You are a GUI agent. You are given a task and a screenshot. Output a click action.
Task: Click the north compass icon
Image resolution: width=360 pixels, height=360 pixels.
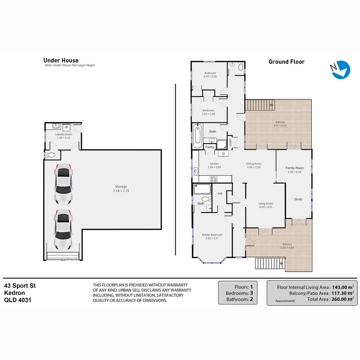(341, 70)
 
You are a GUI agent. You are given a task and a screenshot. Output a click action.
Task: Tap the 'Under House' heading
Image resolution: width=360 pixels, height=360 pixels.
(61, 60)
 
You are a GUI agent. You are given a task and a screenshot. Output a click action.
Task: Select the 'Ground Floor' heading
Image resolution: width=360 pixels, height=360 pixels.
(286, 62)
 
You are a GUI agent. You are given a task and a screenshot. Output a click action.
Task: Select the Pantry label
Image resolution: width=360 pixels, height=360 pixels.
(210, 147)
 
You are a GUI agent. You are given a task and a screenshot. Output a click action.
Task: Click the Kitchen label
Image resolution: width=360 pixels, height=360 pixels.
(214, 164)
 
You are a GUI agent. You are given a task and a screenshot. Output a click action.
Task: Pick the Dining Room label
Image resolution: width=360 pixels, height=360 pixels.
(254, 164)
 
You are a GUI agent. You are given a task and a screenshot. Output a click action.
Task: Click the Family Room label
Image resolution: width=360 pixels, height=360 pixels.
(294, 168)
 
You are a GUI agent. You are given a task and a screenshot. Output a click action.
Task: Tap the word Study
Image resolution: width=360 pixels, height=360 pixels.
(298, 199)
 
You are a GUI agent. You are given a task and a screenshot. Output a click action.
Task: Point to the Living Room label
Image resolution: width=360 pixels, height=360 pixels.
(265, 204)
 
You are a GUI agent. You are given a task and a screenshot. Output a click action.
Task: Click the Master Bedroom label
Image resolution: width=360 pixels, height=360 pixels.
(212, 234)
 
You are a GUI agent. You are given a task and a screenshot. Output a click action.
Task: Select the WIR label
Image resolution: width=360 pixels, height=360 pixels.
(220, 193)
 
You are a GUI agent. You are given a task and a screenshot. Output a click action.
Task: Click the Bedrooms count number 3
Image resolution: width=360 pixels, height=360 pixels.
(251, 293)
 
